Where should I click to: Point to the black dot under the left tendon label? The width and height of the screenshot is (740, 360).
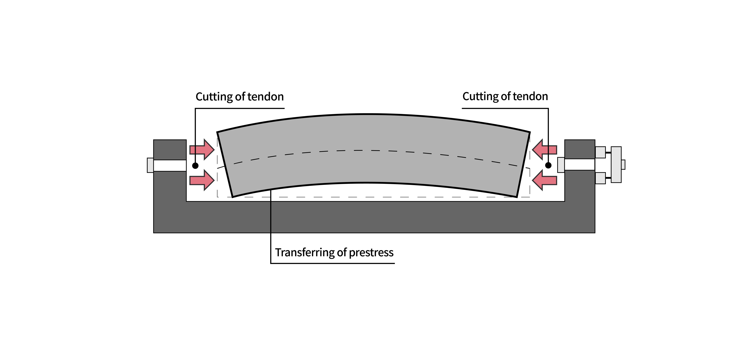(x=195, y=166)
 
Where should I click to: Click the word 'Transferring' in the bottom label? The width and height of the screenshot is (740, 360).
(x=305, y=253)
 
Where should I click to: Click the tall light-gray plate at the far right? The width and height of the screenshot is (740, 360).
(x=616, y=165)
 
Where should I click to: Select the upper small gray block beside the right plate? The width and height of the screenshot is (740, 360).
(x=600, y=152)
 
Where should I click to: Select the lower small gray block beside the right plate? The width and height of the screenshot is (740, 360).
(x=600, y=178)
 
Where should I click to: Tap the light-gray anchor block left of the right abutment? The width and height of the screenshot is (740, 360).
(x=561, y=165)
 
